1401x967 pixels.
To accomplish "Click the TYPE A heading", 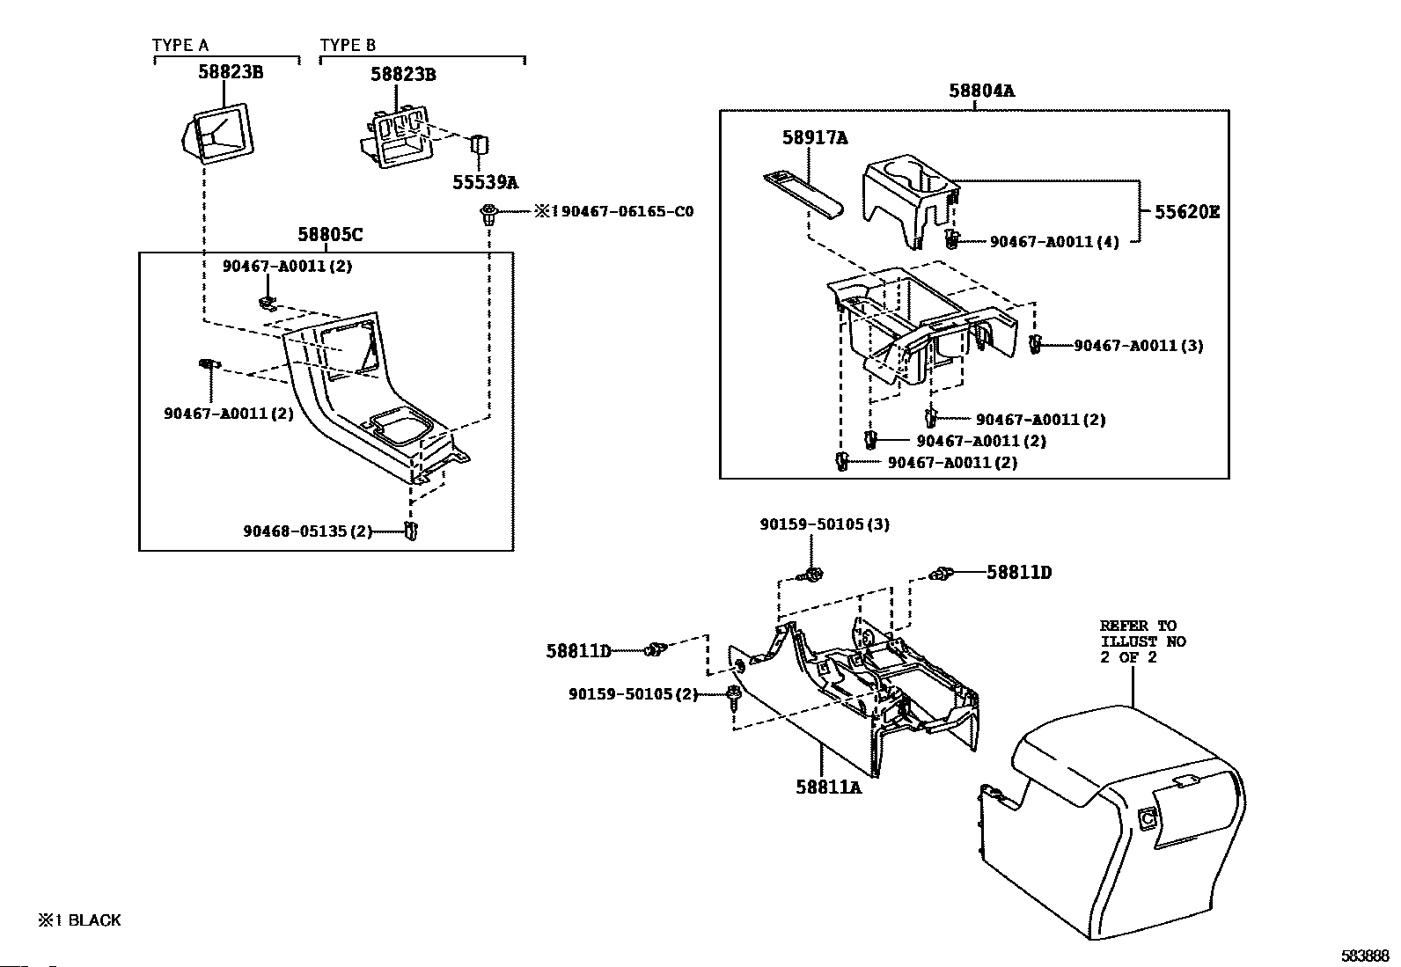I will tap(180, 46).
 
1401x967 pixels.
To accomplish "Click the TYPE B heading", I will tap(348, 46).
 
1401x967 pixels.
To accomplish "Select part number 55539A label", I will tap(485, 183).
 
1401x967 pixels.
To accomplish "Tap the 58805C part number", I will tap(330, 235).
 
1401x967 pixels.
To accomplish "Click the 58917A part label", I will tap(815, 138).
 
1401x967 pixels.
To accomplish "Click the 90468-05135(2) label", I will tap(308, 531).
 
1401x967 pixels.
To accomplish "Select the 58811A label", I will tap(828, 788).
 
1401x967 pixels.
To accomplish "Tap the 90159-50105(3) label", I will tap(825, 524).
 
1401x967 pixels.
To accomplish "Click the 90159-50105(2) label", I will tap(633, 694).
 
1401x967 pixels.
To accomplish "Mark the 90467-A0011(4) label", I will tap(1054, 242).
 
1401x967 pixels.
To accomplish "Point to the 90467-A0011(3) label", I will tap(1138, 346).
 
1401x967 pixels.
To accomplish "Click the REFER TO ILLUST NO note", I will tap(1141, 641).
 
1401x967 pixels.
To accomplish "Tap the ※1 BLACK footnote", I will tap(79, 920).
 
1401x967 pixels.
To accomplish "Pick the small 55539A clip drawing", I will tap(480, 145).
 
